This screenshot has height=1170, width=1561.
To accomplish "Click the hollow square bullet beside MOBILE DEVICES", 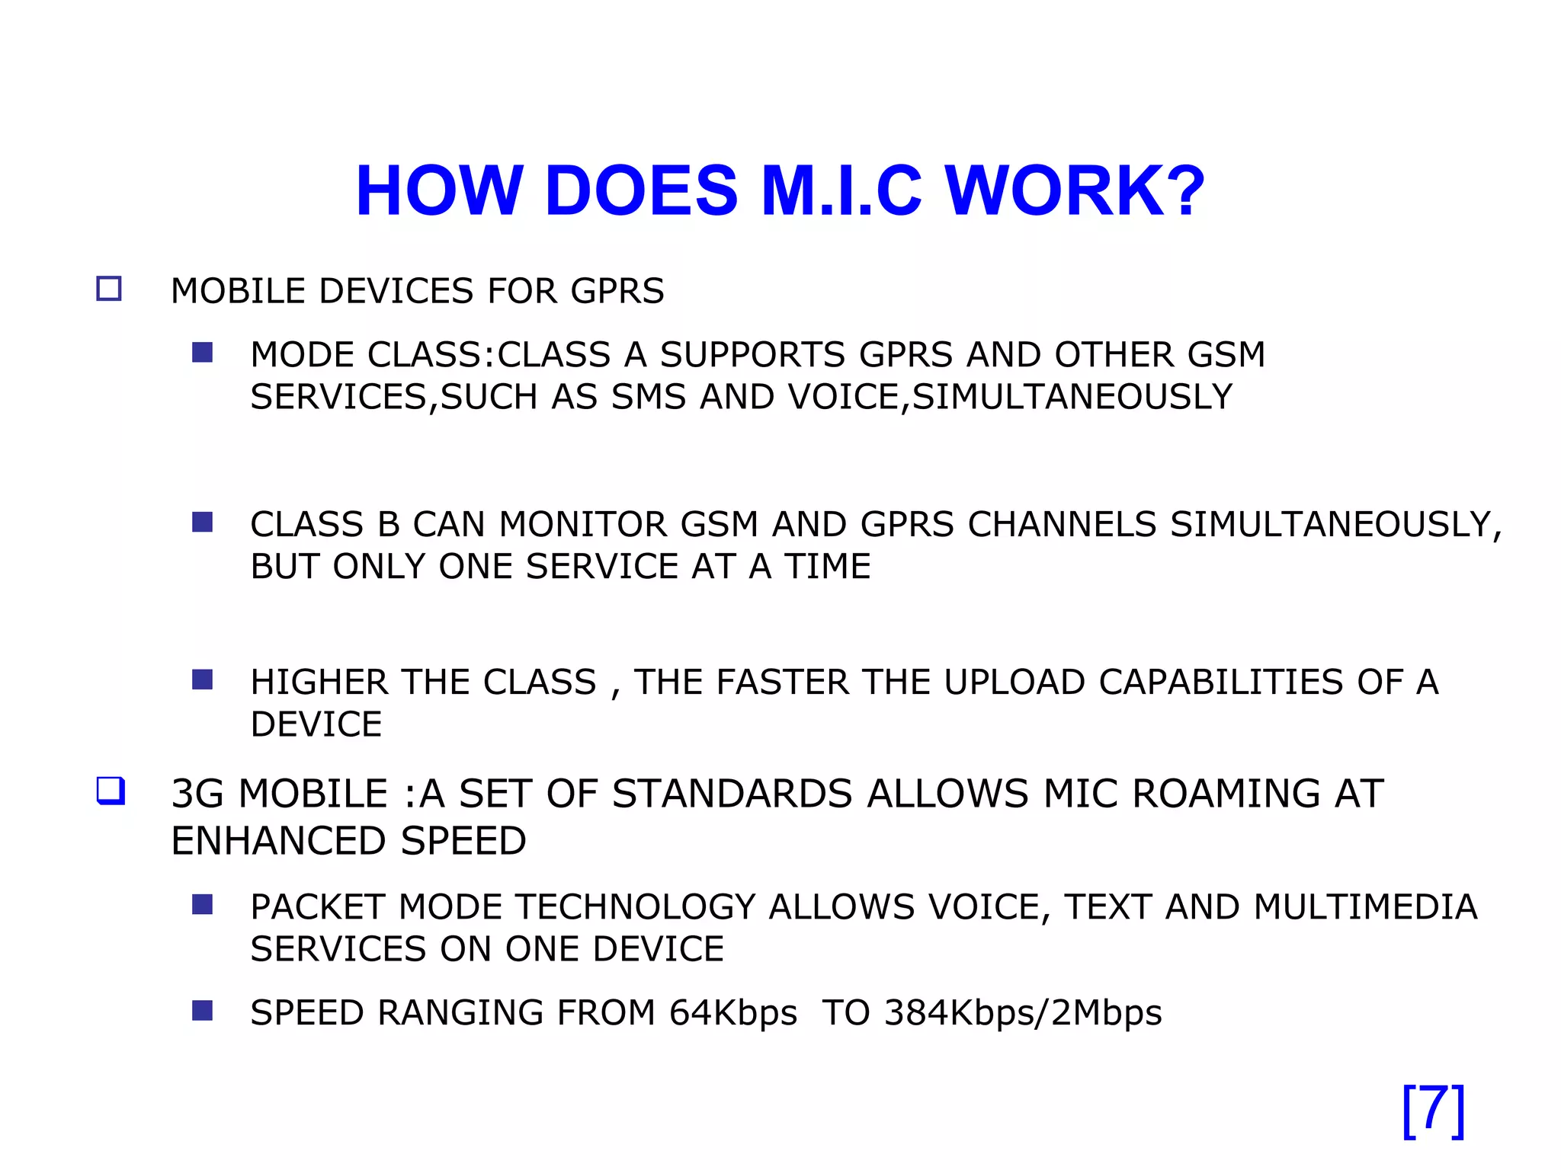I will [x=109, y=289].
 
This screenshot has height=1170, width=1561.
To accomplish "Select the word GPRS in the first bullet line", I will [x=617, y=291].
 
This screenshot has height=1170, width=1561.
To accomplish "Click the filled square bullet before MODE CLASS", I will [x=202, y=352].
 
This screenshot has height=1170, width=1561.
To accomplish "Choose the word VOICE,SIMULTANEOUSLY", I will [x=1010, y=397].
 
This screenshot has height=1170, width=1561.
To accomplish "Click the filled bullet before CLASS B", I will [x=202, y=522].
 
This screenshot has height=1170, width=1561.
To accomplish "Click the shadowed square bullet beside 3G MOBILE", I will [x=111, y=790].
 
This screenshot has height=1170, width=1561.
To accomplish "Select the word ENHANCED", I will [x=279, y=841].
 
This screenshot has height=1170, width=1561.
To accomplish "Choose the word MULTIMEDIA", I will [x=1365, y=907].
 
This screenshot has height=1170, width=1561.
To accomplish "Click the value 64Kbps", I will [x=733, y=1013].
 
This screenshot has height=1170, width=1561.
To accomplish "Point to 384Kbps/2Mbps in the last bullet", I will [x=1023, y=1013].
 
